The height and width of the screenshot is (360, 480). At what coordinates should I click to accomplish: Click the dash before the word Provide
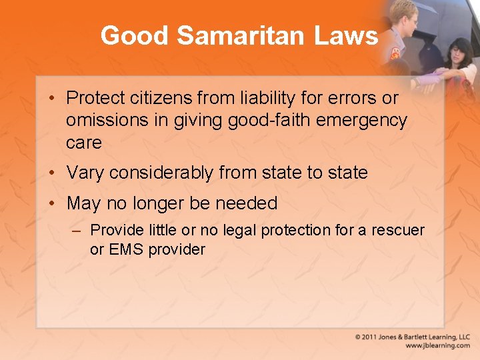tap(78, 231)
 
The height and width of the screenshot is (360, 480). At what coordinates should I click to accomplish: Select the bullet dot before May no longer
tap(52, 203)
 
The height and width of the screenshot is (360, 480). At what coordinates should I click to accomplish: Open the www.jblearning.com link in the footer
tap(438, 346)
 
